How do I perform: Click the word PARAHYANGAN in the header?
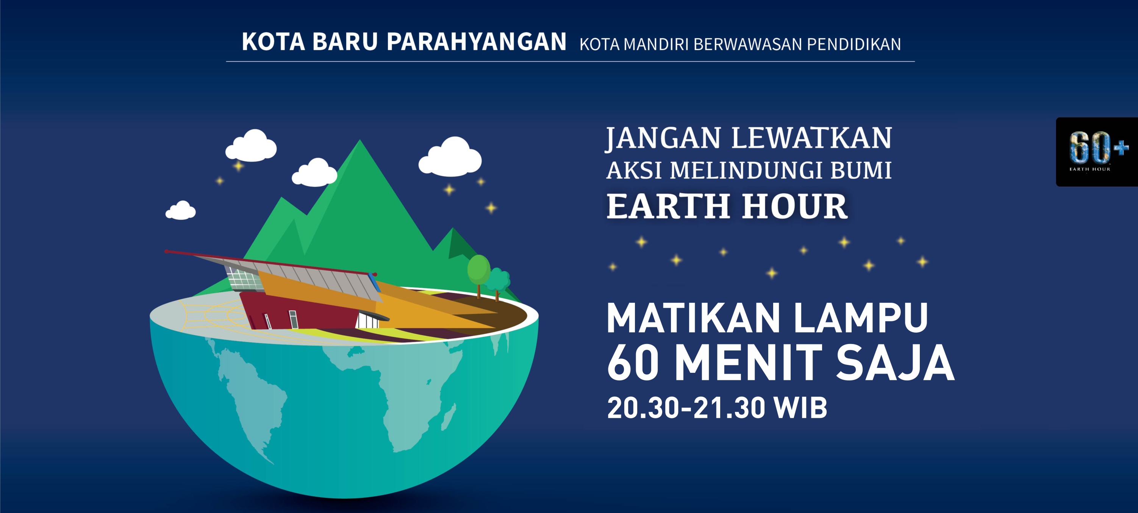point(476,42)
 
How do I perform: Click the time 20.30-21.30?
point(686,407)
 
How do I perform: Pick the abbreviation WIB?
point(801,407)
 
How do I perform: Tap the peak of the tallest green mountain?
point(360,141)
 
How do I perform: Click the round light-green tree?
point(478,269)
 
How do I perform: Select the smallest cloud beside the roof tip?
point(180,210)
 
